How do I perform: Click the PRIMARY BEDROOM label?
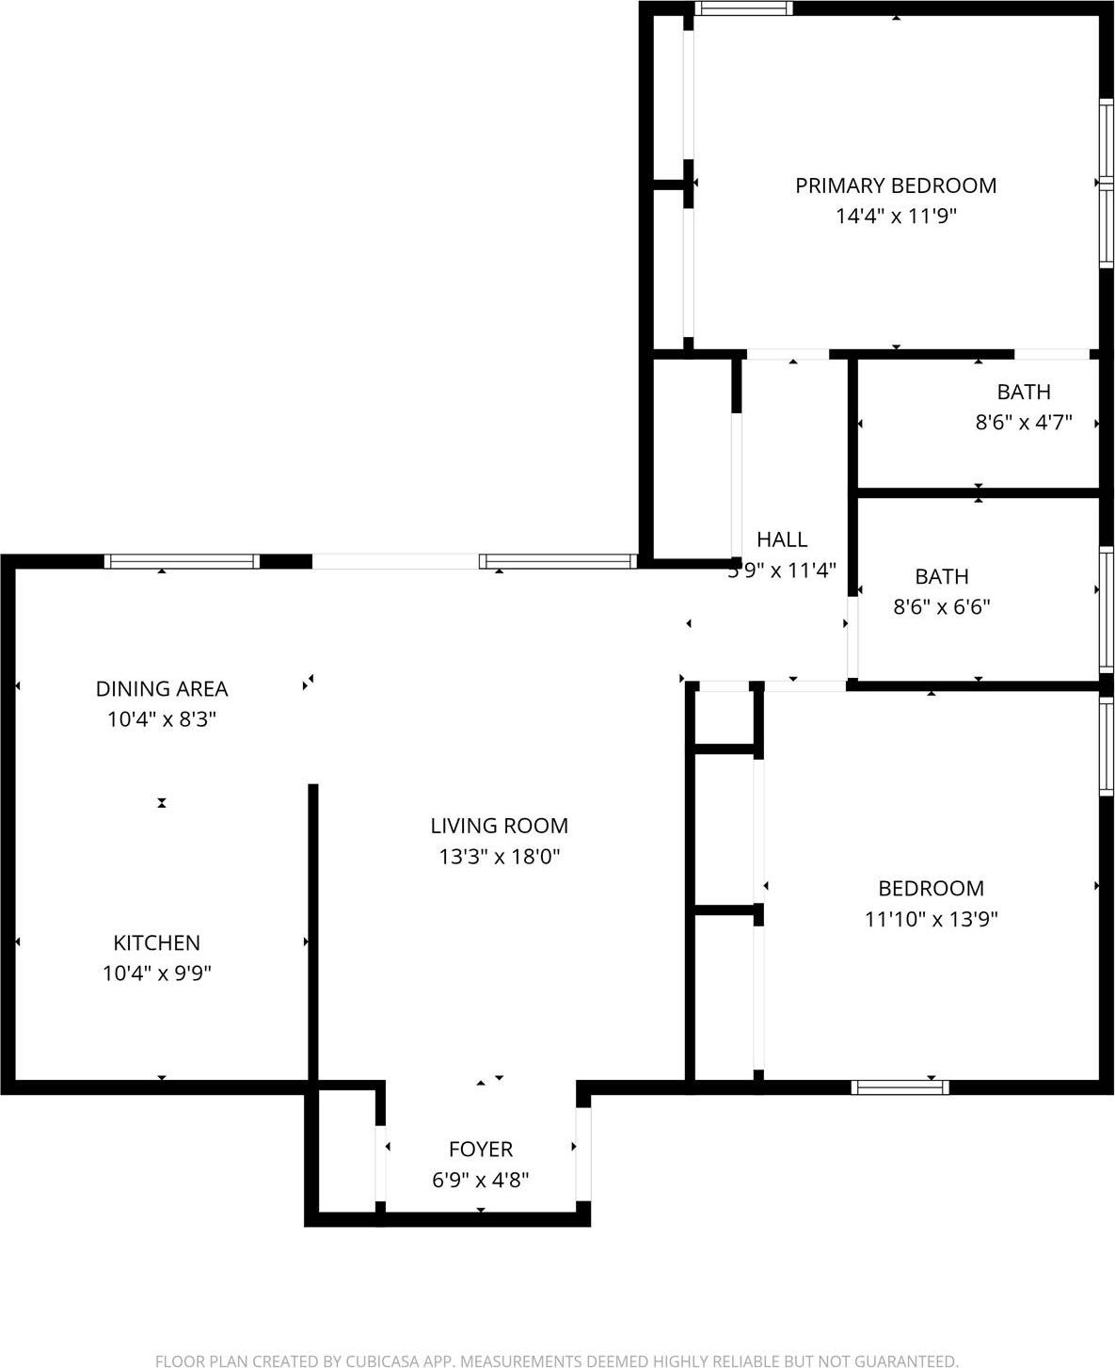coord(896,185)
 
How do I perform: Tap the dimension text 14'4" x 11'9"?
coord(896,217)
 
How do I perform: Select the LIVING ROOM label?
coord(499,826)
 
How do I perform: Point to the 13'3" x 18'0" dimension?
coord(499,857)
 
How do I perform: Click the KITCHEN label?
coord(156,942)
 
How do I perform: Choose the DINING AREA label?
coord(162,688)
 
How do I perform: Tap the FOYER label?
coord(481,1149)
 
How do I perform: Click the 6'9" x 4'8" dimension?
coord(481,1180)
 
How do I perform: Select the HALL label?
coord(782,539)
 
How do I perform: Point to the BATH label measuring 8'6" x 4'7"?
coord(1024,392)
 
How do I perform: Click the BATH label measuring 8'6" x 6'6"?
coord(942,576)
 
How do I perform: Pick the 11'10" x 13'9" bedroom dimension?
coord(931,919)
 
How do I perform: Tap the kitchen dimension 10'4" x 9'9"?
coord(156,974)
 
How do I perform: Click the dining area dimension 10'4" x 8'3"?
coord(162,719)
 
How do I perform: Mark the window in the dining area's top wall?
coord(182,562)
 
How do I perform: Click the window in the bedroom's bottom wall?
coord(900,1087)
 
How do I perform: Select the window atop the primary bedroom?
coord(743,9)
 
